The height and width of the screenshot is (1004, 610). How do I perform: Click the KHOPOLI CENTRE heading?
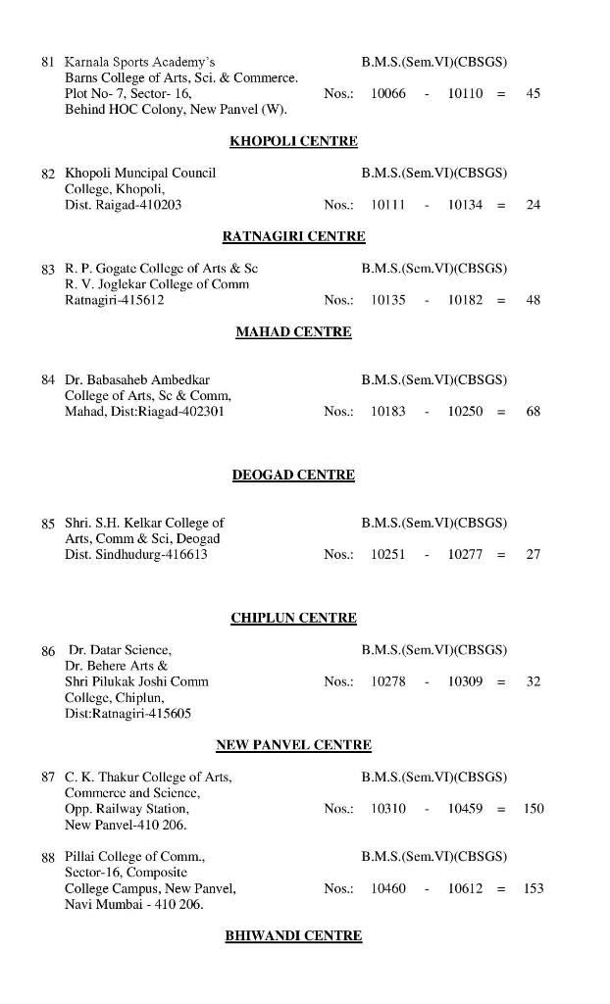click(x=293, y=141)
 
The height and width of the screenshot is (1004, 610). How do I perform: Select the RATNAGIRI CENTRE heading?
click(x=293, y=236)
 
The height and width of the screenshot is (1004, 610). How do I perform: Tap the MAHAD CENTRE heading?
click(x=293, y=331)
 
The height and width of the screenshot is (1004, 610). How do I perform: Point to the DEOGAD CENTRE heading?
click(x=293, y=475)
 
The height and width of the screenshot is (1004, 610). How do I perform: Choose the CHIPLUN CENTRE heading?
click(x=293, y=618)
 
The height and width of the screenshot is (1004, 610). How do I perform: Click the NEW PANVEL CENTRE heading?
click(x=293, y=745)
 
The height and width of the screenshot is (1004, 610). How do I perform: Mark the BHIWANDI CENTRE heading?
click(x=293, y=935)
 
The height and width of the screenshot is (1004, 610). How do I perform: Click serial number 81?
click(x=48, y=62)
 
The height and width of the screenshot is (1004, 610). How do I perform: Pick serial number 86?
click(x=48, y=650)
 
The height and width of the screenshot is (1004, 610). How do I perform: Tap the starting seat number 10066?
click(x=388, y=93)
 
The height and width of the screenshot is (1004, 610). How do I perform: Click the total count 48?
click(x=534, y=300)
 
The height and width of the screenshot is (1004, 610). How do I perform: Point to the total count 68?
click(x=534, y=412)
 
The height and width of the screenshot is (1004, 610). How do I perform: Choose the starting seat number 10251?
click(x=388, y=554)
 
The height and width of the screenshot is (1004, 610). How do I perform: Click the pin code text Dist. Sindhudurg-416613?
click(x=136, y=554)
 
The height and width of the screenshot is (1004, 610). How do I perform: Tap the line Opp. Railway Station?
click(x=127, y=809)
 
